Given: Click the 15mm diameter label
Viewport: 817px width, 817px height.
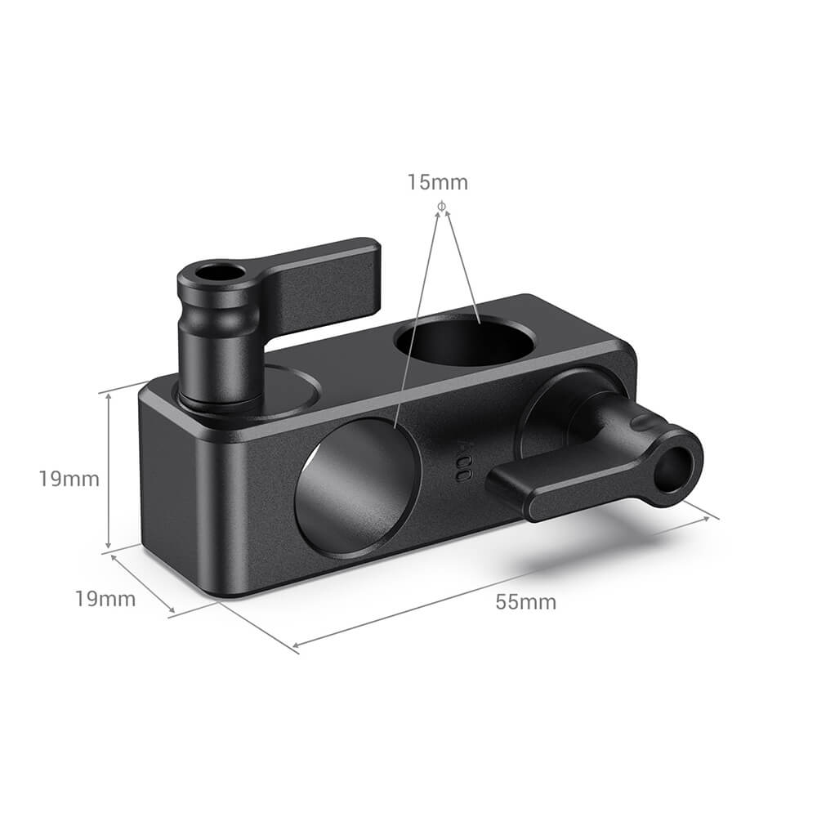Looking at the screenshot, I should (438, 182).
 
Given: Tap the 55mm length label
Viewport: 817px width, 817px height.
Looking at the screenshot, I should (525, 602).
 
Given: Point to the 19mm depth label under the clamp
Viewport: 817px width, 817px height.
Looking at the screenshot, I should (105, 599).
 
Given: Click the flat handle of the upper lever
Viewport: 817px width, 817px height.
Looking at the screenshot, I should (327, 278).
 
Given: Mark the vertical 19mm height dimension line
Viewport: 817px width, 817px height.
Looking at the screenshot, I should (108, 471).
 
